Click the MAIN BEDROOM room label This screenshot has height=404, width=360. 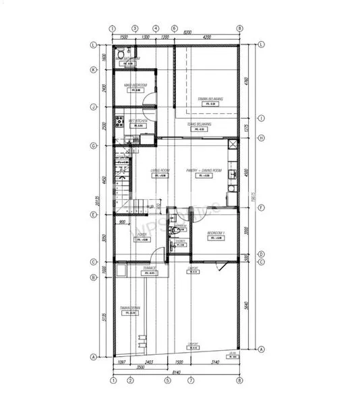click(136, 85)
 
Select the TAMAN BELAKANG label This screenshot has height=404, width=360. click(210, 99)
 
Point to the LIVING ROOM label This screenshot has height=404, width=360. click(161, 170)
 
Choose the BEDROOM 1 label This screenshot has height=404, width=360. click(216, 233)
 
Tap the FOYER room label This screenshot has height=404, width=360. click(142, 234)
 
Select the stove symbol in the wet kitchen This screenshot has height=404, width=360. click(118, 123)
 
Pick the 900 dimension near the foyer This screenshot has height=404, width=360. click(122, 222)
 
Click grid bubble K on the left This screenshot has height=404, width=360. click(94, 69)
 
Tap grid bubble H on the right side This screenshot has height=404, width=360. click(260, 138)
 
